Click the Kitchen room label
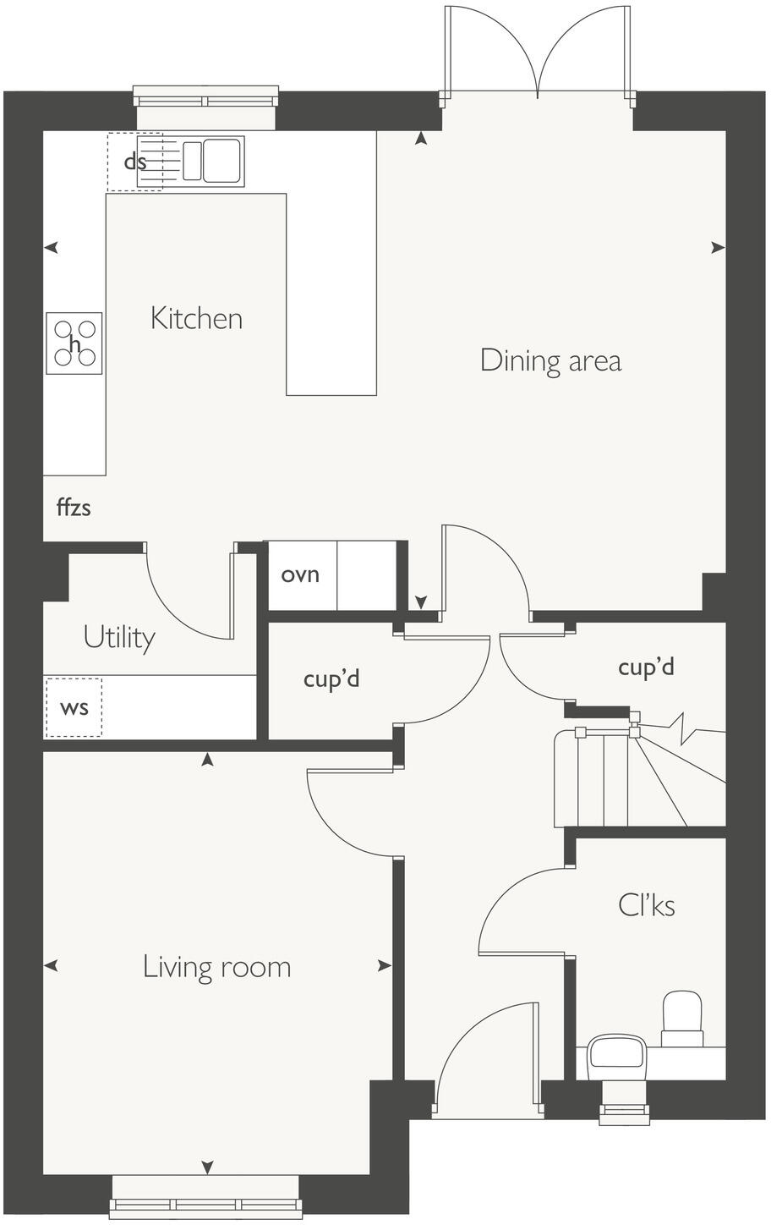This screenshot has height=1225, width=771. [x=196, y=319]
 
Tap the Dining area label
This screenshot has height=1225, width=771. [x=550, y=360]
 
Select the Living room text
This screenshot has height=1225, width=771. [x=216, y=967]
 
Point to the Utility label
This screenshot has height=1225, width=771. [x=119, y=637]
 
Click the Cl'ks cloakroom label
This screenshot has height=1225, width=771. [x=647, y=906]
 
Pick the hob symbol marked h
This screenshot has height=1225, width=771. [x=74, y=344]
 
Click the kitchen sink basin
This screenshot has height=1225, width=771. [x=221, y=161]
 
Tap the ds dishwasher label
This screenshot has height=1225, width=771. [x=134, y=162]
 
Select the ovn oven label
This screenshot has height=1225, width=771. [x=300, y=575]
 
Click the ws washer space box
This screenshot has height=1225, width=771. [x=74, y=707]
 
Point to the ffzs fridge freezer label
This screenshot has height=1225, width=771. [x=74, y=508]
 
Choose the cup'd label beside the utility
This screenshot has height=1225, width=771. [x=331, y=678]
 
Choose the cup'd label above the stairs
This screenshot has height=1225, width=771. [x=646, y=667]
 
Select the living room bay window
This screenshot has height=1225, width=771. [x=205, y=1207]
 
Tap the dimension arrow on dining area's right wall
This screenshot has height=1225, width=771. [x=717, y=248]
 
